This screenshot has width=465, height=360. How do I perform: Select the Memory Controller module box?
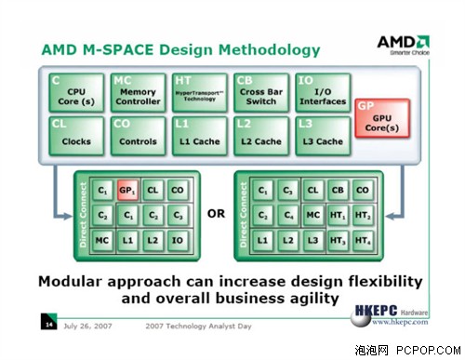[x=139, y=92]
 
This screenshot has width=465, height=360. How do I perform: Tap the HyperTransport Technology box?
[x=200, y=92]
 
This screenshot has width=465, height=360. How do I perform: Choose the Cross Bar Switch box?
[x=261, y=92]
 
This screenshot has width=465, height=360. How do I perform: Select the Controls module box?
[x=139, y=135]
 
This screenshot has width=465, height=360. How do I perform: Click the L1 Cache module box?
[x=200, y=135]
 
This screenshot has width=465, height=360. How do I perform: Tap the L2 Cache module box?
[x=261, y=135]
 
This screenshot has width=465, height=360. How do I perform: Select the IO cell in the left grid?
[x=177, y=240]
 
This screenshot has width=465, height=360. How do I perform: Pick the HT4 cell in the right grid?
[x=363, y=240]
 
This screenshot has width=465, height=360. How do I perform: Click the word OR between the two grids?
[x=216, y=214]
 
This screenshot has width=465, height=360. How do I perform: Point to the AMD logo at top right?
[x=403, y=44]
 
